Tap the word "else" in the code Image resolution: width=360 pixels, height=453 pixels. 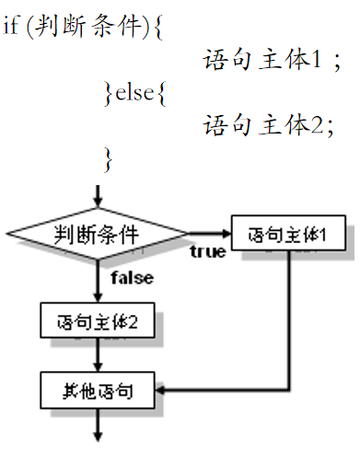[x=133, y=92]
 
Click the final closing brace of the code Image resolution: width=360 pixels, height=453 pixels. [x=110, y=157]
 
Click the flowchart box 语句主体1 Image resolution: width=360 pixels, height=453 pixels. [x=289, y=235]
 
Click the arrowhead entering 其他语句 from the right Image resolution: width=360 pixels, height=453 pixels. [x=162, y=391]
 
